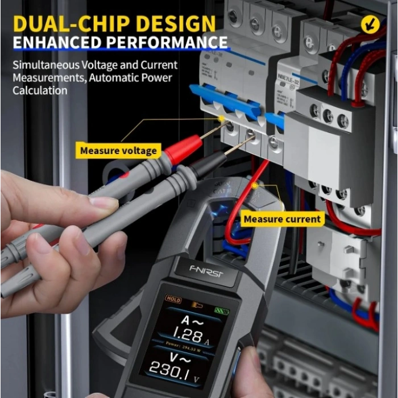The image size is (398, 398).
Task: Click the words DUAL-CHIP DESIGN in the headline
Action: tap(114, 23)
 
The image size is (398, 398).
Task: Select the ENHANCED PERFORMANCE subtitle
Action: tap(120, 43)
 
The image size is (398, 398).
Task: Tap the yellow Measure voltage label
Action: tap(118, 151)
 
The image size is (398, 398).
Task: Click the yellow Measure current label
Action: tap(282, 219)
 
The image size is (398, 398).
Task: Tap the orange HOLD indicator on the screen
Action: tap(173, 298)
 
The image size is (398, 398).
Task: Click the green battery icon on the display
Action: tap(221, 311)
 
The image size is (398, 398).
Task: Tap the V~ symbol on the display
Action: tap(183, 357)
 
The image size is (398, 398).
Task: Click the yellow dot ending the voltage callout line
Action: tap(221, 119)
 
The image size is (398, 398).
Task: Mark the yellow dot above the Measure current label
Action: tap(255, 185)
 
